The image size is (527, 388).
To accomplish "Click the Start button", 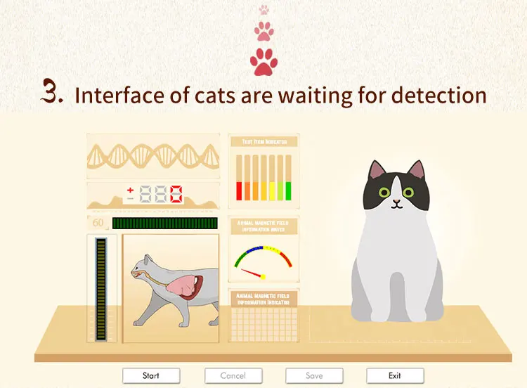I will point(151,375).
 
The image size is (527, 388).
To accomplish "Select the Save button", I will point(314,375).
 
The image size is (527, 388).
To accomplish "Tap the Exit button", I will point(395,375).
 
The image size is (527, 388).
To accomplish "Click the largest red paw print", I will point(264,61).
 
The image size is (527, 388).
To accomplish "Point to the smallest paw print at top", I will point(264,10).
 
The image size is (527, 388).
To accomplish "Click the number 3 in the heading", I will point(52,93).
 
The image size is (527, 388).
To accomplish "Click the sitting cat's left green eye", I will point(384,191).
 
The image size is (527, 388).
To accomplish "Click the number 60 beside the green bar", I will point(98,224).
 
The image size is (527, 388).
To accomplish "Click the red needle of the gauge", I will point(253,272).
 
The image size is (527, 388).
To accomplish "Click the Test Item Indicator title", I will point(264,142).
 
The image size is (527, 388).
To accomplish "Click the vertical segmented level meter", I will point(101,289).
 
